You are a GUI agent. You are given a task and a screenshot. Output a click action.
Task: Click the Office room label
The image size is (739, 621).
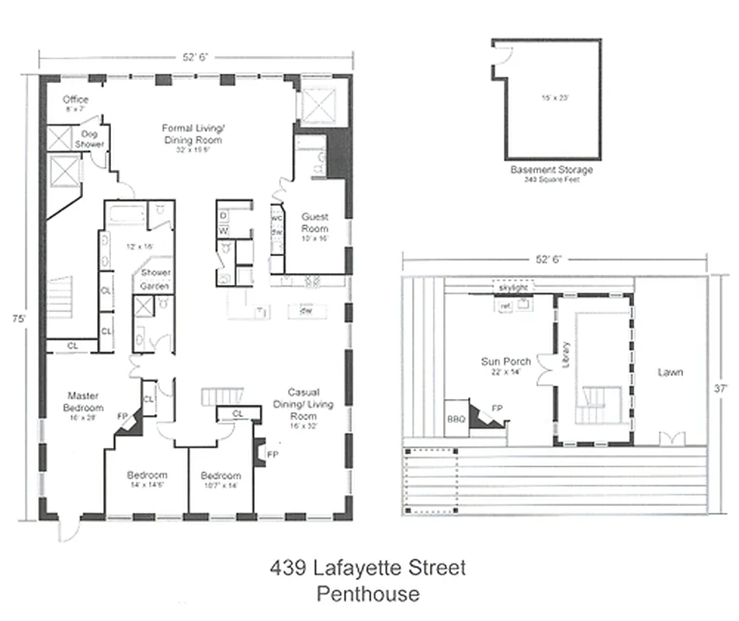point(75,99)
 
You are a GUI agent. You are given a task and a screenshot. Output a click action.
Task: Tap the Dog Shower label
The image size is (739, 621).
point(89,139)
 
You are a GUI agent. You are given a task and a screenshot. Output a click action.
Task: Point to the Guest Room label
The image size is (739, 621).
point(314,223)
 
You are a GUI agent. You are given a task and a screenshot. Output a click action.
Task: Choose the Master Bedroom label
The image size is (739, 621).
point(83,401)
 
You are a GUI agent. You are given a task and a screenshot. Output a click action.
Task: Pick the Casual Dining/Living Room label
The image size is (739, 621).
point(303,404)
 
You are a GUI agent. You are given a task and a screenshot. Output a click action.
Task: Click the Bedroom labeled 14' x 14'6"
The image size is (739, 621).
point(147,475)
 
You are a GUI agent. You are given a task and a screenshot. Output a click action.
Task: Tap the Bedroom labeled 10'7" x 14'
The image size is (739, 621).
point(220,475)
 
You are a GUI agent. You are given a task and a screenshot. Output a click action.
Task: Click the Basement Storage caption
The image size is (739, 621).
point(551,169)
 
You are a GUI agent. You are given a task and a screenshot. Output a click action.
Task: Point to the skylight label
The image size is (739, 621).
point(515,288)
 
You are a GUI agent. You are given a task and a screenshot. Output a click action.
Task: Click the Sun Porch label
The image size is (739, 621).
point(506,361)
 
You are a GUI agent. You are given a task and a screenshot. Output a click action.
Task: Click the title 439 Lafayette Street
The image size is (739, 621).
point(368,567)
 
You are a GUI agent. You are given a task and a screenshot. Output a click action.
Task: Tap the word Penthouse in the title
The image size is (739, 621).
point(368,594)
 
